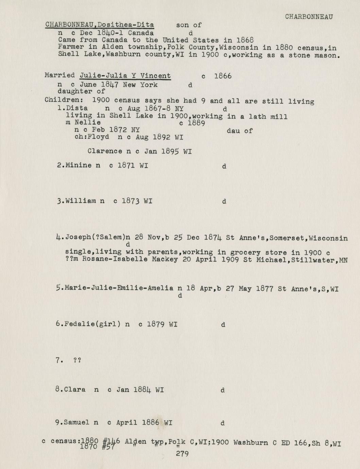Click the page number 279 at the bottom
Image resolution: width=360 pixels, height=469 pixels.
(182, 453)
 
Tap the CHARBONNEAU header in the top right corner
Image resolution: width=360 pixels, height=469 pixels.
(309, 17)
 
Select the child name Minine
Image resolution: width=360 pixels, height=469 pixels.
(79, 166)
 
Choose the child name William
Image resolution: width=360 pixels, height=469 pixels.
(81, 201)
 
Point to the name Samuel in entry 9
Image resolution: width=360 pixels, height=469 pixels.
(77, 423)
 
